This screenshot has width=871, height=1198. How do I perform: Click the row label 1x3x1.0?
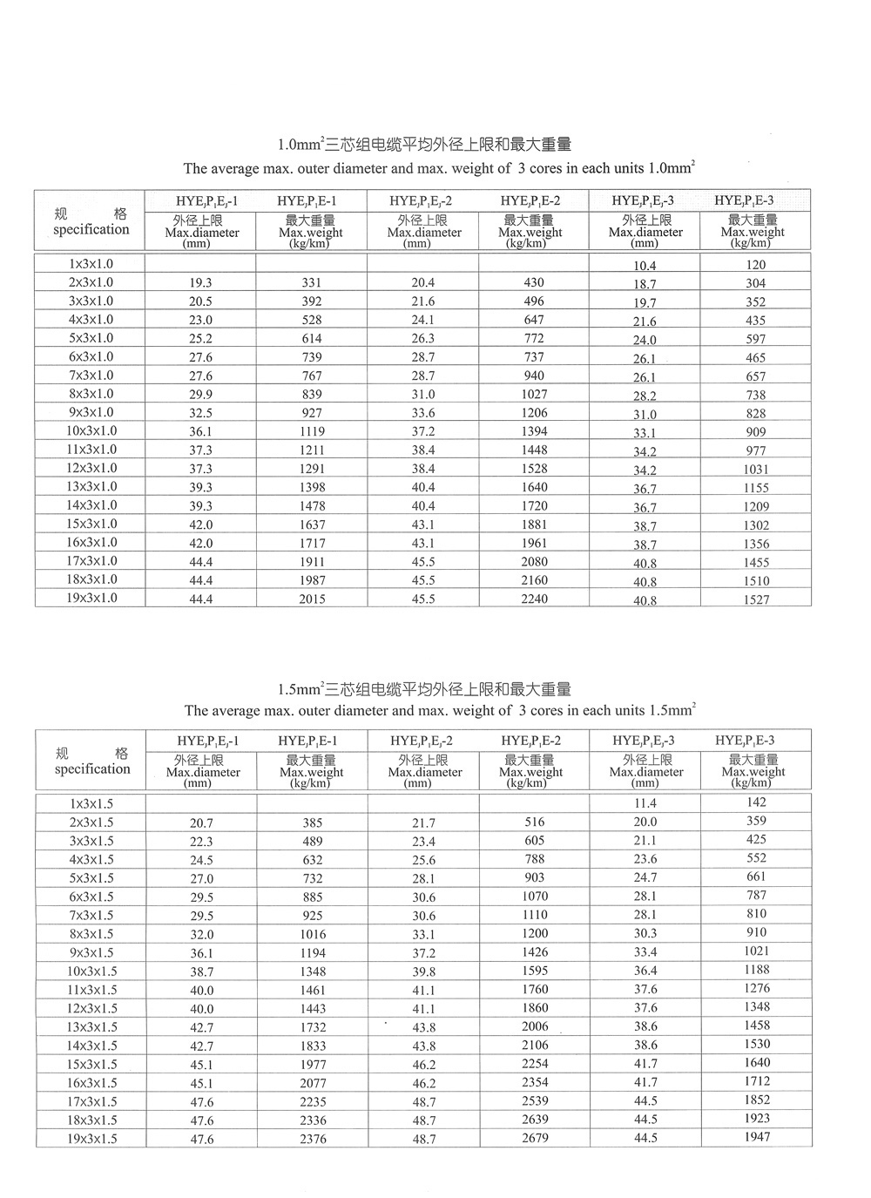[x=91, y=263]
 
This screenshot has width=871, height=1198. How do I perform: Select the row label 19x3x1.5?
[x=91, y=1139]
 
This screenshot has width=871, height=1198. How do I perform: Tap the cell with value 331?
[x=312, y=282]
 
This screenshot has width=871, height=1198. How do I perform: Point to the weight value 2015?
[x=312, y=599]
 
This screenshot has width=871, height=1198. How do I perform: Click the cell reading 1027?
[x=534, y=394]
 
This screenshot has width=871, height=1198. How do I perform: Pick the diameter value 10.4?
[x=645, y=266]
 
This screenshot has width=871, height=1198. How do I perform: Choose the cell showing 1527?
[x=756, y=599]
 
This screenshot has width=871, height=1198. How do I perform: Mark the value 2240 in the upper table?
[x=534, y=599]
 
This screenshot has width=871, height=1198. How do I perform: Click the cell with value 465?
[x=756, y=357]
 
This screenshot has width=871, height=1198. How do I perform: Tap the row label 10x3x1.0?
[x=91, y=430]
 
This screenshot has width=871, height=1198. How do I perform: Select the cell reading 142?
[x=756, y=802]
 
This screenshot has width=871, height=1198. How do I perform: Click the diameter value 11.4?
[x=645, y=803]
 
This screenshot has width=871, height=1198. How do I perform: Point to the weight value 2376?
[x=313, y=1140]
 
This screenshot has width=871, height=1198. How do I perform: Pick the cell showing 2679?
[x=535, y=1138]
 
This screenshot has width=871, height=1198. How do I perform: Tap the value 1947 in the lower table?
[x=757, y=1137]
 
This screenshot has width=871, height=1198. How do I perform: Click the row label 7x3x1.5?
[x=91, y=915]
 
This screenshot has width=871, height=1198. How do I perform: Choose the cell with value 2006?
[x=535, y=1026]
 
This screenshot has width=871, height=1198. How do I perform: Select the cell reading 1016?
[x=313, y=934]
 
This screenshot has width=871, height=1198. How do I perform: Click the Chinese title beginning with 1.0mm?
[x=424, y=145]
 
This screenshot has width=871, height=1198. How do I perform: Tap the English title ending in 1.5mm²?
[x=440, y=710]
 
